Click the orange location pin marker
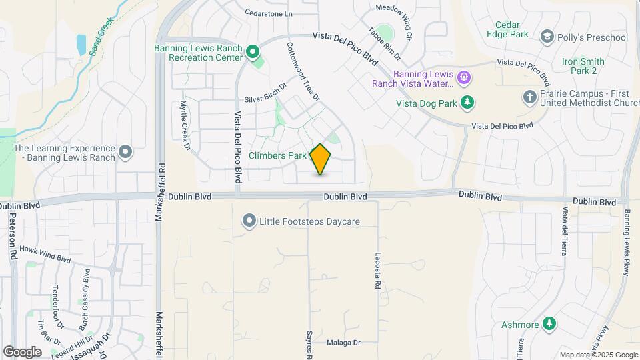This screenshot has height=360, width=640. click(321, 159)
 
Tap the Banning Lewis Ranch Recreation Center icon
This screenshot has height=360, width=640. click(252, 51)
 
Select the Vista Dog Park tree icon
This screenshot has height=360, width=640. click(468, 102)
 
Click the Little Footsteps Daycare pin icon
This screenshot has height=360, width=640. click(249, 221)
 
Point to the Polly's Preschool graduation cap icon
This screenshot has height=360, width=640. click(547, 36)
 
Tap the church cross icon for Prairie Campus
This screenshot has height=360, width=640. click(530, 98)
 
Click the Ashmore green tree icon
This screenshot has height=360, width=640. click(549, 324)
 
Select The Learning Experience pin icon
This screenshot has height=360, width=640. click(125, 153)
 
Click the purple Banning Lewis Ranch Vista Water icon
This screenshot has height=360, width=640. click(465, 79)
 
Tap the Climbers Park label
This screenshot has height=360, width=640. click(277, 155)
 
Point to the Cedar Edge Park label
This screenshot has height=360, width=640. click(512, 29)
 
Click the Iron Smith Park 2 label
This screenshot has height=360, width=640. click(579, 65)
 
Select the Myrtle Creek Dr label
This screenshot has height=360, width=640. click(185, 125)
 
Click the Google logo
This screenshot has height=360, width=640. click(22, 351)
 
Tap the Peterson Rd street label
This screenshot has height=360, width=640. click(13, 237)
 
